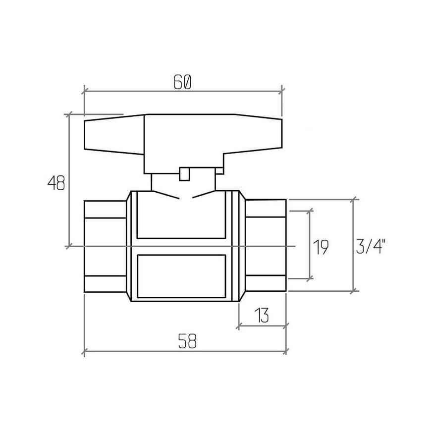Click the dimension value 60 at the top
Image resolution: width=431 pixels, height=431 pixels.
click(x=182, y=82)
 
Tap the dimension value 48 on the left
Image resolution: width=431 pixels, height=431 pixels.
click(x=56, y=183)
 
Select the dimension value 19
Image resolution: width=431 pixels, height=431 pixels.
click(x=321, y=247)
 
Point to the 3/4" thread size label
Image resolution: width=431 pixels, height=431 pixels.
click(x=371, y=247)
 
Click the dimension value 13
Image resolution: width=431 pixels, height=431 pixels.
click(x=262, y=315)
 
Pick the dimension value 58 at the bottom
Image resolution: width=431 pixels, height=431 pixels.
click(x=187, y=341)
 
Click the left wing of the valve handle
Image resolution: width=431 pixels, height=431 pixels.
click(x=114, y=134)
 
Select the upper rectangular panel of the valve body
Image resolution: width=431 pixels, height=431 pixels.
click(x=181, y=215)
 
